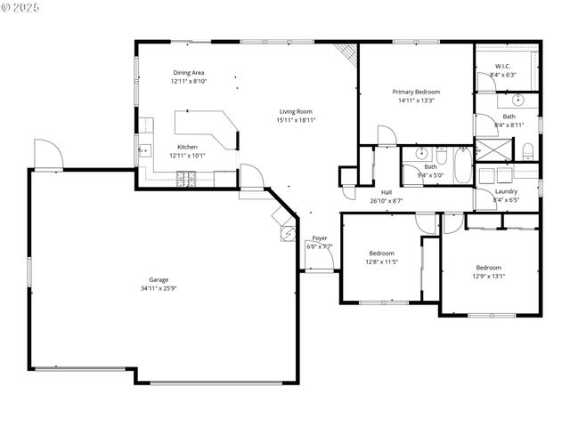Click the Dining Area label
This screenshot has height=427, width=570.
(x=189, y=72)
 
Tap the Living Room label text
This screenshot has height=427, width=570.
(x=297, y=110)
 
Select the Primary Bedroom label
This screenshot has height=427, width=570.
(x=417, y=92)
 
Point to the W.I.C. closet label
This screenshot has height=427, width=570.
(x=503, y=66)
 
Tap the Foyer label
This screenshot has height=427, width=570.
(x=319, y=238)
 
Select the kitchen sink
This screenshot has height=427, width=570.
(x=142, y=152)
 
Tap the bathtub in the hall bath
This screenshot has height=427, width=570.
(x=463, y=165)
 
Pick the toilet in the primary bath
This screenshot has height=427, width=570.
(x=527, y=149)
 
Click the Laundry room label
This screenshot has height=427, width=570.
(x=506, y=191)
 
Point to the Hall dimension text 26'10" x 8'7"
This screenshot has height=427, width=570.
(x=387, y=200)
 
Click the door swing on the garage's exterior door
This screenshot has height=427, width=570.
(x=46, y=153)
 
